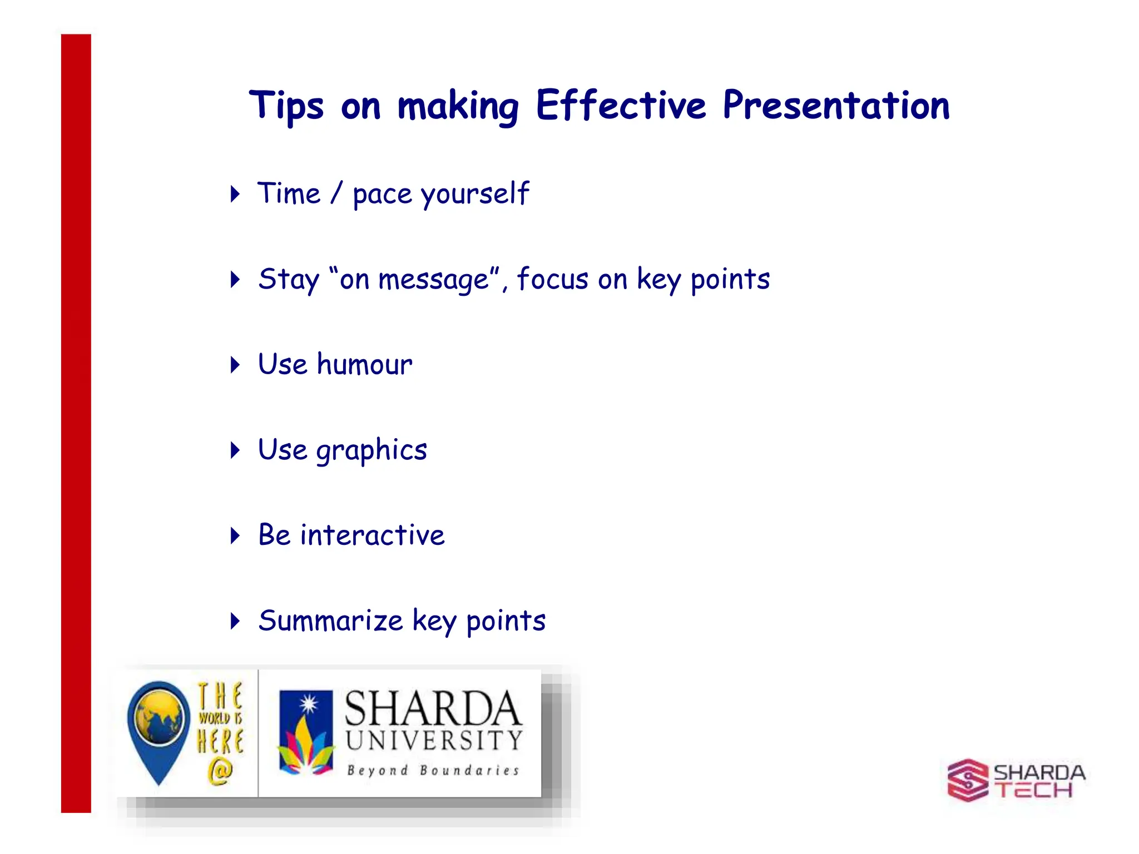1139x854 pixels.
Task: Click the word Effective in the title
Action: (x=621, y=105)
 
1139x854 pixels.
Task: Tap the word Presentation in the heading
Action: (x=836, y=105)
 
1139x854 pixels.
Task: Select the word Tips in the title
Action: (x=286, y=105)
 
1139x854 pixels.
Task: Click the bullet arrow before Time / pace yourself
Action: (x=235, y=194)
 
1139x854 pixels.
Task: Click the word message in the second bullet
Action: (x=433, y=279)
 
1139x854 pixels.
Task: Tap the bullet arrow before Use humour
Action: (x=235, y=365)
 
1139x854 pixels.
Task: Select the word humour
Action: (x=364, y=365)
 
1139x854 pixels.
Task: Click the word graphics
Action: (x=371, y=450)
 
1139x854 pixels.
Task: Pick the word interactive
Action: (x=372, y=535)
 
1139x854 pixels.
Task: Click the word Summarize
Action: (x=330, y=620)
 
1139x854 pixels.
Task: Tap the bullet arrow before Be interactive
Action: (x=235, y=535)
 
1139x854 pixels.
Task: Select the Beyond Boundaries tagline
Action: (x=433, y=771)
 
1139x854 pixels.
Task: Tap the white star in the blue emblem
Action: (x=308, y=705)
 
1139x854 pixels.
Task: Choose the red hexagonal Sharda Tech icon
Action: (x=967, y=780)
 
